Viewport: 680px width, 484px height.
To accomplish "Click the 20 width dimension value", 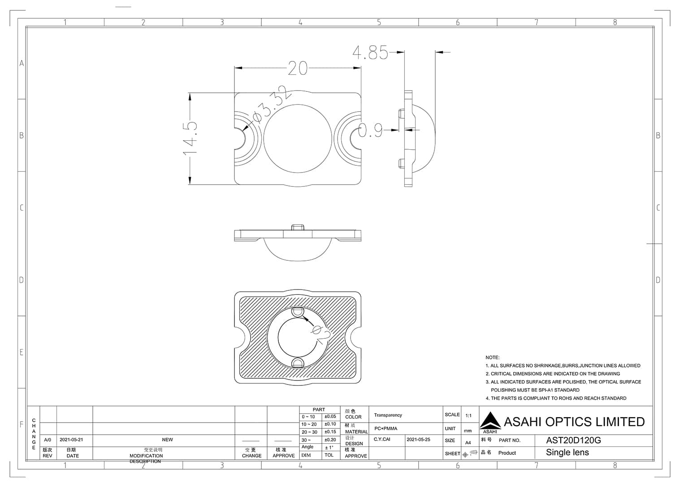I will tap(298, 68).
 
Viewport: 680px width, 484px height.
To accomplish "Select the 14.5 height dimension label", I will tap(190, 138).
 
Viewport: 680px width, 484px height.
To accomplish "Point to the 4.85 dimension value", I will tap(370, 52).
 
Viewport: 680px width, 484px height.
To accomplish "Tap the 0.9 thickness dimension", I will tap(370, 130).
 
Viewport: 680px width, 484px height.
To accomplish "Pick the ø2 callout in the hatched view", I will tap(321, 333).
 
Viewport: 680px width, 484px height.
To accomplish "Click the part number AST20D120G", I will tap(573, 440).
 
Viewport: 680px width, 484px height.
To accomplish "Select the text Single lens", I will tap(567, 453).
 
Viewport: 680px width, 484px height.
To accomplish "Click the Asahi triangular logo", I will tap(490, 421).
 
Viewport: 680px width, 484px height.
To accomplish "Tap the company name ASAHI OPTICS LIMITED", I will tap(574, 422).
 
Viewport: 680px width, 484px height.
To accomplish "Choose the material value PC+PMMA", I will tap(385, 428).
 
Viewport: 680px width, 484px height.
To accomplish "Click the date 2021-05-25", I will tap(418, 440).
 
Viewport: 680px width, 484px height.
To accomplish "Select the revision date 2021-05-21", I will tap(71, 440).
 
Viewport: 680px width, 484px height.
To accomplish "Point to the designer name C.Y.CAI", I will tap(382, 440).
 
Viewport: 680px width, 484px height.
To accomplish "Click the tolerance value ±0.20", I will tap(330, 440).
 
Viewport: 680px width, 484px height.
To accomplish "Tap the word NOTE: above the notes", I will tap(492, 357).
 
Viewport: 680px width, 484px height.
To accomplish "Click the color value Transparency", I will tap(388, 415).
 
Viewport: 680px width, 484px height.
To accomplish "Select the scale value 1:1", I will tap(468, 415).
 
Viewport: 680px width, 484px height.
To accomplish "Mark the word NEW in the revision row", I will tap(167, 440).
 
